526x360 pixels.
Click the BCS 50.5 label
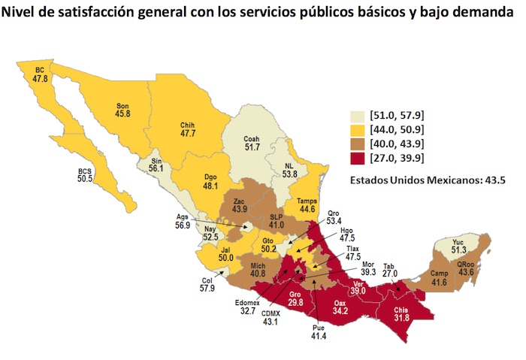tap(86, 176)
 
